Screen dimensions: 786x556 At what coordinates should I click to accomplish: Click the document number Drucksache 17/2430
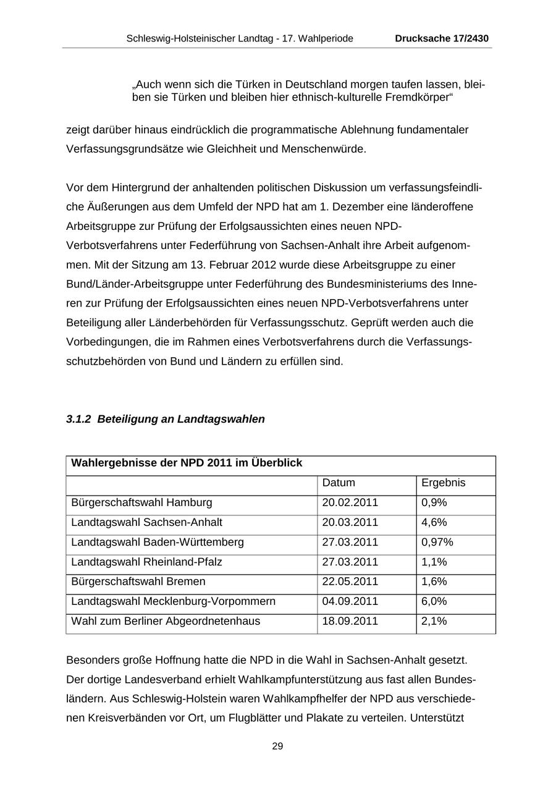pos(442,38)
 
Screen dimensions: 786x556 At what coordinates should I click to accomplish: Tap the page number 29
pos(277,746)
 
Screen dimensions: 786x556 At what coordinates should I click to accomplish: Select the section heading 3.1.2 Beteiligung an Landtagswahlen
pos(166,419)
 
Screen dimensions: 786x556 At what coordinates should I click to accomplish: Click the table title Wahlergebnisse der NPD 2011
pos(187,463)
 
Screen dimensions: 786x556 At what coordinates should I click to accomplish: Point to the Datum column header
pos(339,483)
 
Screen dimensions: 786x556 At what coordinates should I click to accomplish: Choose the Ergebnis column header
pos(443,483)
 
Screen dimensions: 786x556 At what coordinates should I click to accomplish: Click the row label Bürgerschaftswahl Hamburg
pos(141,502)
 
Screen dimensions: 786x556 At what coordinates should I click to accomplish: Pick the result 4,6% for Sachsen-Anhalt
pos(434,522)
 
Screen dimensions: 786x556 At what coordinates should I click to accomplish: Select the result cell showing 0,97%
pos(437,542)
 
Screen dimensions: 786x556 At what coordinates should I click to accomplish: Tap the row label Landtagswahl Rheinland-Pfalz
pos(146,562)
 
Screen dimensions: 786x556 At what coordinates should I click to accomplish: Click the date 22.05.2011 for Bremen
pos(350,581)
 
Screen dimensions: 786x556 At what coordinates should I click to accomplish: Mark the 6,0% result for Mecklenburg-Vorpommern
pos(434,601)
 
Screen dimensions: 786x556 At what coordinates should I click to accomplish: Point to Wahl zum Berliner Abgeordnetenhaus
pos(166,621)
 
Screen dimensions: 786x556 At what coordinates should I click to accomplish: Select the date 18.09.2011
pos(350,621)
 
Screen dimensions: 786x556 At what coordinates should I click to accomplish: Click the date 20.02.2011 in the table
pos(350,502)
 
